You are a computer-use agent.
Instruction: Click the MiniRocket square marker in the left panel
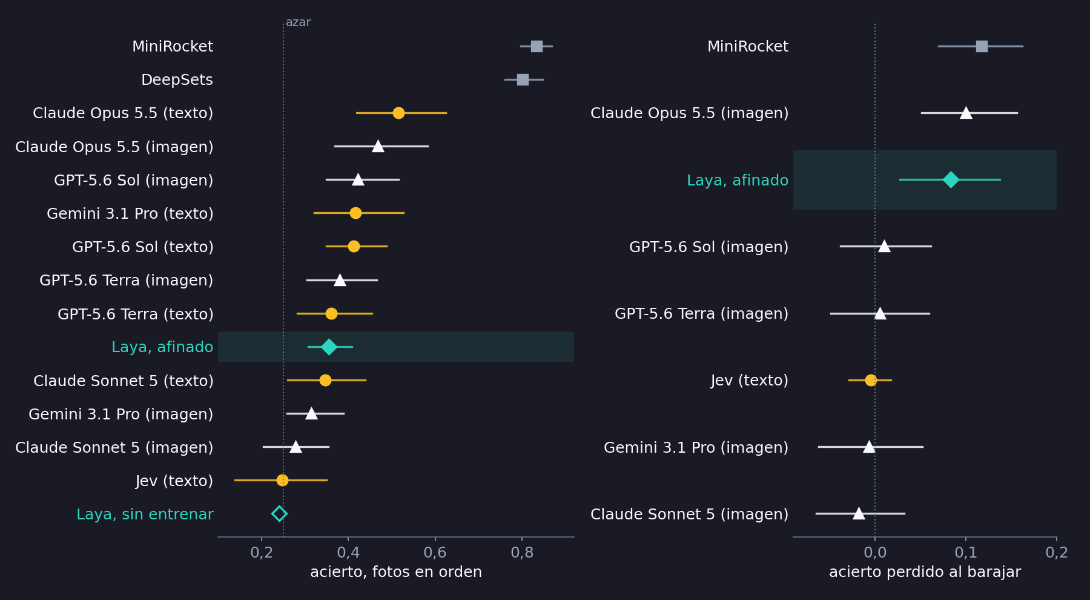point(537,46)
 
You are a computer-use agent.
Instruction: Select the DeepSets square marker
point(523,79)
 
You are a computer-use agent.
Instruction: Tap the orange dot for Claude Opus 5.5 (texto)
point(398,113)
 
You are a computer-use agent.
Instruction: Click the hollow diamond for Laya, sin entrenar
point(279,514)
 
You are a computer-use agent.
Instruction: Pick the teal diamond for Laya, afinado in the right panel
point(951,179)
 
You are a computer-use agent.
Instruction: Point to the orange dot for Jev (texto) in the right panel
point(871,380)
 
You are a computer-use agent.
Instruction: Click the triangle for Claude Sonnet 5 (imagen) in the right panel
point(859,513)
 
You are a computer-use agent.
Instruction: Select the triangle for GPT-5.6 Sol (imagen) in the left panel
point(358,179)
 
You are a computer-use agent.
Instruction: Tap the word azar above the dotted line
point(298,22)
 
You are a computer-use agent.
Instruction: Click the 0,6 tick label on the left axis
point(435,553)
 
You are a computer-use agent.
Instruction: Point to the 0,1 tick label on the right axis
point(966,553)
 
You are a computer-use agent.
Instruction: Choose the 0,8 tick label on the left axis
point(522,553)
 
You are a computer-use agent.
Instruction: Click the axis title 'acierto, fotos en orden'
point(396,572)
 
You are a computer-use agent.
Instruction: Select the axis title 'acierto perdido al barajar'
point(925,572)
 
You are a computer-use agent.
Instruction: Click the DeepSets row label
point(177,80)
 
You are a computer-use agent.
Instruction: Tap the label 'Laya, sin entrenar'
point(145,515)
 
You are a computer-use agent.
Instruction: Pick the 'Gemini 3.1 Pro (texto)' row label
point(130,214)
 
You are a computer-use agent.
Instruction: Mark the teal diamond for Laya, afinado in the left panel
point(329,347)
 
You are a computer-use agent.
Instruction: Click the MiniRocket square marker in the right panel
point(982,46)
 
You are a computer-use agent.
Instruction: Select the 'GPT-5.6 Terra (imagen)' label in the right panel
point(701,314)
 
